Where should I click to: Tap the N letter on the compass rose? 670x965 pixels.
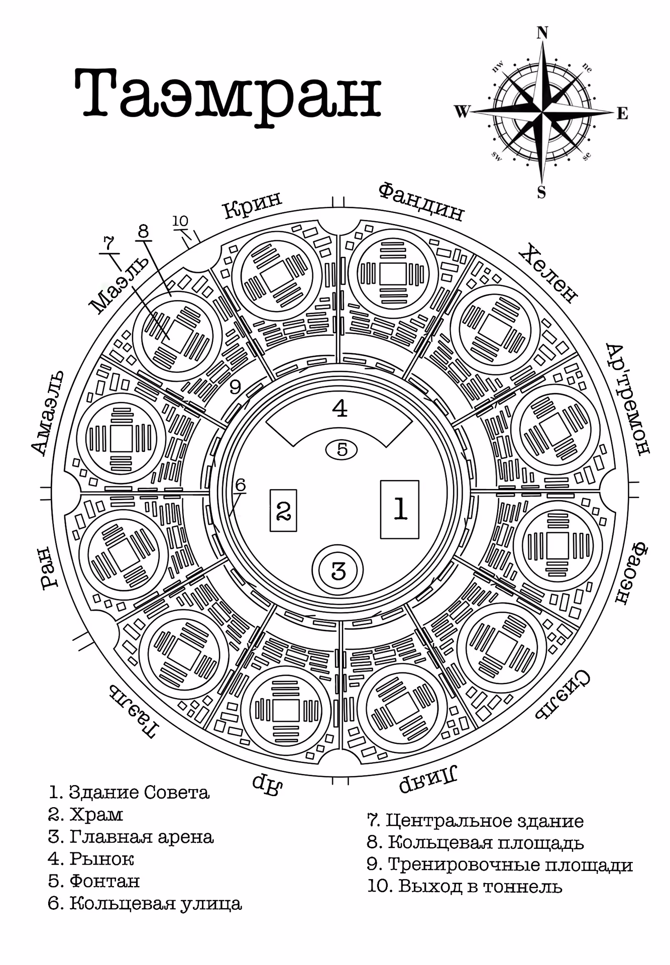[542, 33]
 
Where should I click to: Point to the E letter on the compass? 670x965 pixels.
[622, 114]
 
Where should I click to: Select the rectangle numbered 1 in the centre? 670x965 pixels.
[400, 509]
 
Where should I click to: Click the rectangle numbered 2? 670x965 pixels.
[283, 510]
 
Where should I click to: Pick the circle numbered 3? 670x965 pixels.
[338, 571]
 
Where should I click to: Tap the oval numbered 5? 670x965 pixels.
[342, 449]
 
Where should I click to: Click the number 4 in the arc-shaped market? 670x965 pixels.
[340, 408]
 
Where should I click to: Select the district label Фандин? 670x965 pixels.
[421, 202]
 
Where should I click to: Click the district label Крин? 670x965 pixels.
[252, 205]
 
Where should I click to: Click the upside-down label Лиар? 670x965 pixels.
[428, 781]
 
